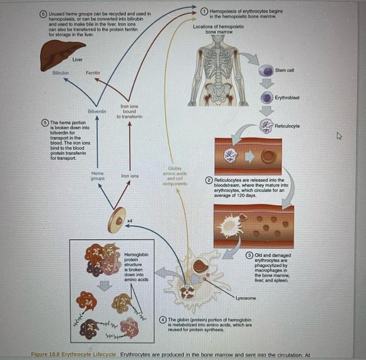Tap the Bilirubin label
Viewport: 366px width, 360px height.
tap(61, 72)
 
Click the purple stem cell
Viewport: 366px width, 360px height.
tap(267, 71)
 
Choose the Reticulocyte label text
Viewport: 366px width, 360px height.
tap(287, 126)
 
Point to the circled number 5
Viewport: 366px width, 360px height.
tap(45, 122)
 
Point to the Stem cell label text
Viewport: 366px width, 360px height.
tap(284, 71)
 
